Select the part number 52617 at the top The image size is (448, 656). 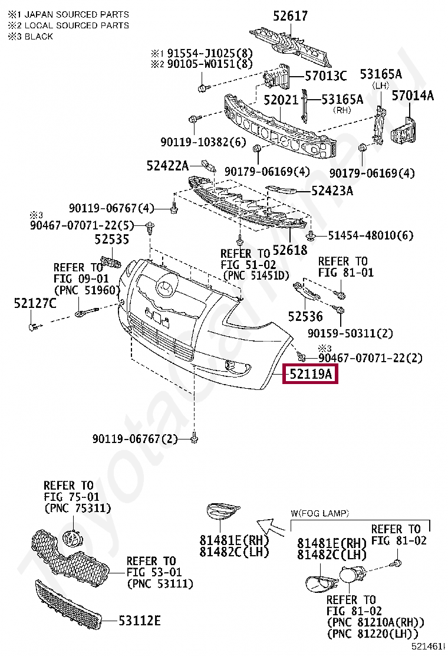point(289,17)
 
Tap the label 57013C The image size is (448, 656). point(326,76)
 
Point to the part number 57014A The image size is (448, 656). point(413,95)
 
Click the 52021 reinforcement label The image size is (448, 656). point(281,100)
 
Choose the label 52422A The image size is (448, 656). point(167,166)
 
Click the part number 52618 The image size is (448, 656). point(290,250)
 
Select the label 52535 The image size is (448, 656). point(112,240)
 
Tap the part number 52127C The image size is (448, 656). point(35,304)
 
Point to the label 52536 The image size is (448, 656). point(306,317)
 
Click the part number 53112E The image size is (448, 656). point(140,621)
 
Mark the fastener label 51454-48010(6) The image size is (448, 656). point(371,235)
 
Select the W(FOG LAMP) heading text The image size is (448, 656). point(319,513)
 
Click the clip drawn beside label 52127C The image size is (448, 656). point(34,324)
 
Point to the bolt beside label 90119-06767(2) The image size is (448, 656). point(195,438)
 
